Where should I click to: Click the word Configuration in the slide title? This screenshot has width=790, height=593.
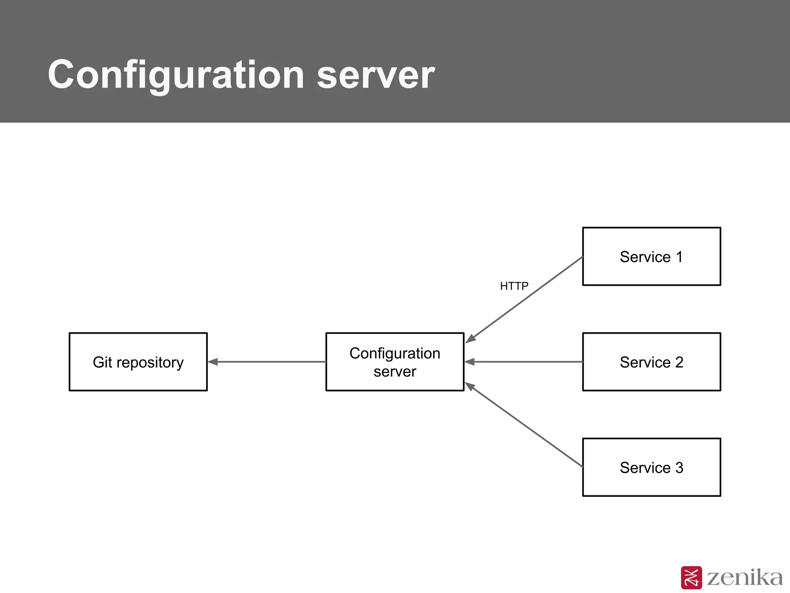[x=176, y=75]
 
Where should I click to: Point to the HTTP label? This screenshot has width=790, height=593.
[x=514, y=286]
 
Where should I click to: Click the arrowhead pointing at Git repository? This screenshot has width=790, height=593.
[x=213, y=362]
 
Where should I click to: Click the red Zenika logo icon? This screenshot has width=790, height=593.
[x=691, y=578]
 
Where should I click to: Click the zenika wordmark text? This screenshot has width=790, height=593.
[x=744, y=578]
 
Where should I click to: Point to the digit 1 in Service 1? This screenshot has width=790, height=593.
[x=679, y=257]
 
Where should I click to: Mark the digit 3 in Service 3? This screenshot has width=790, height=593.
[x=679, y=468]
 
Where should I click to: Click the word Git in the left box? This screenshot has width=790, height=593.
[x=102, y=362]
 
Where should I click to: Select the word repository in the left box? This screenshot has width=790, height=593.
[x=150, y=363]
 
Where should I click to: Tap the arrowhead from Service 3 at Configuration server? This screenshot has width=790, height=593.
[x=470, y=386]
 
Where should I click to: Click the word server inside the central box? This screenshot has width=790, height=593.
[x=395, y=372]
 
